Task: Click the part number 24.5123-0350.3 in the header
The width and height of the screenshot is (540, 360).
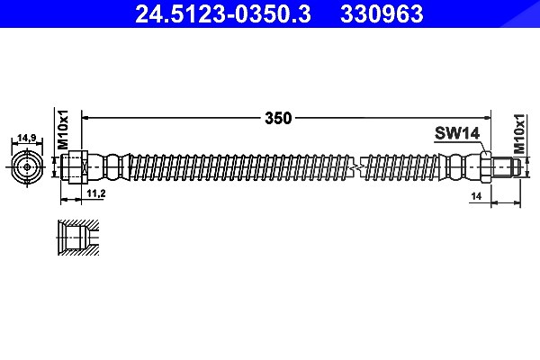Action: point(223,13)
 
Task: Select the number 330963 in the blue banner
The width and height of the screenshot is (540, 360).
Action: point(382,13)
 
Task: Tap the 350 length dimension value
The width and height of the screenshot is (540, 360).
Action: point(278,118)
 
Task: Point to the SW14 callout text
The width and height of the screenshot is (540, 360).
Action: point(457,133)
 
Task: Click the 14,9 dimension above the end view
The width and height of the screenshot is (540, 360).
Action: point(27,138)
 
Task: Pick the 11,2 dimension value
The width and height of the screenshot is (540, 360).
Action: point(96,193)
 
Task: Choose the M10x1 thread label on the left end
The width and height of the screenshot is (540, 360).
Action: point(63,130)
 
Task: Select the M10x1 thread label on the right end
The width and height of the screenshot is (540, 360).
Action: point(519,134)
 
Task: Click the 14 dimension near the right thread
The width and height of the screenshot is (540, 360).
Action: point(476,196)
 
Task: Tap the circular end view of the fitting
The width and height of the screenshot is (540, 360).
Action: point(27,167)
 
